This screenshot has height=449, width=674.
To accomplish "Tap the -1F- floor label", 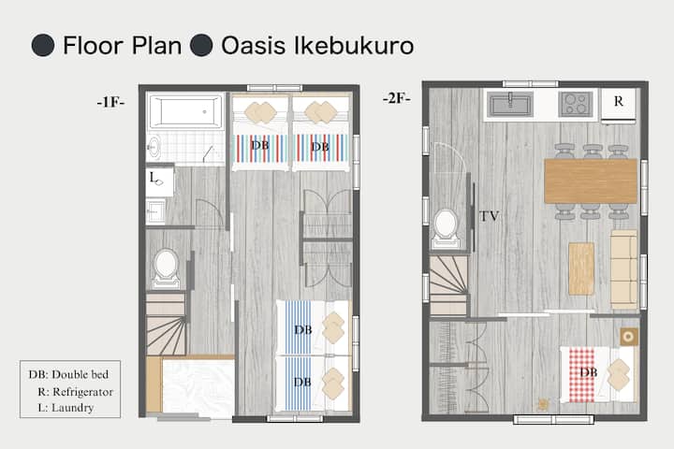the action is (x=110, y=102).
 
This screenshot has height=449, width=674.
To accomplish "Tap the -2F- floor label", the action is (x=396, y=98).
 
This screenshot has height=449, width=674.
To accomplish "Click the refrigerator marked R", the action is (x=618, y=105).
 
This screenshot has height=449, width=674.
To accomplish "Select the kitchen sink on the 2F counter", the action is (x=511, y=105).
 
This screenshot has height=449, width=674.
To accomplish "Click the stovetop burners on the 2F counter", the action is (x=576, y=105).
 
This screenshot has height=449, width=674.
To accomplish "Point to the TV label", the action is (x=490, y=216).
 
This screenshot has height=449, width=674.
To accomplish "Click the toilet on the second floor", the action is (x=446, y=227).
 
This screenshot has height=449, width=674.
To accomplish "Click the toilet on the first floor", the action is (x=167, y=268).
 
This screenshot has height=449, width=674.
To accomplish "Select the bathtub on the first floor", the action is (x=185, y=111).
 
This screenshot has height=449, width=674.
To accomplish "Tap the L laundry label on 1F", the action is (x=153, y=177).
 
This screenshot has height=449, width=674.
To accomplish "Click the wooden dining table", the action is (x=591, y=181).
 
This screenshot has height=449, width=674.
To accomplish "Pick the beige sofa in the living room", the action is (x=623, y=269).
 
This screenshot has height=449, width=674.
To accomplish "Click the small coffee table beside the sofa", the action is (x=581, y=268).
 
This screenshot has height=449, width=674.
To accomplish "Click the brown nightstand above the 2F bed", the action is (x=628, y=337).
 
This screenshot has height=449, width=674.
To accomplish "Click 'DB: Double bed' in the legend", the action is (x=68, y=375).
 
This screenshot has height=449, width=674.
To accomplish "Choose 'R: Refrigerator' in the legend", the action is (x=75, y=392).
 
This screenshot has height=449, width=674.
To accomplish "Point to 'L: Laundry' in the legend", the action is (x=66, y=408).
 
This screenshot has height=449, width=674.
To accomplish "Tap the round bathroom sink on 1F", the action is (x=154, y=148).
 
